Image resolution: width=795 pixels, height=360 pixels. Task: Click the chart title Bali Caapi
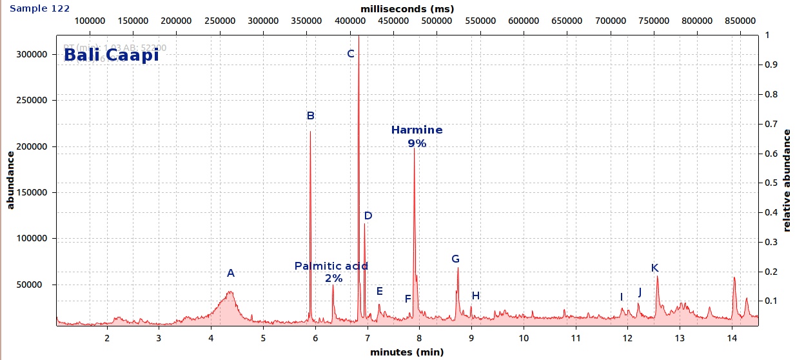click(111, 55)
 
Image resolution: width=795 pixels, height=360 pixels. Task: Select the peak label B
click(310, 116)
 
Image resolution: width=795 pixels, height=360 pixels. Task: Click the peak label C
click(351, 54)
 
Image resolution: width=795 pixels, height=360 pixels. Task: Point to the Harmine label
click(417, 130)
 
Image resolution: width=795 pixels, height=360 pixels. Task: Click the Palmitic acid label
click(331, 266)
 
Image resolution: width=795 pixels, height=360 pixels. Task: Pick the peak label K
click(654, 268)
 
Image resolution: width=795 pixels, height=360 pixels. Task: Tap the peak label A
click(231, 274)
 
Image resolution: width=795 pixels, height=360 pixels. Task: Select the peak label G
click(455, 259)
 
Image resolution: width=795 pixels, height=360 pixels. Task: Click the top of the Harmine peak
click(414, 150)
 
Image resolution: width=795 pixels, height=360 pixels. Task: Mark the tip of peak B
click(310, 132)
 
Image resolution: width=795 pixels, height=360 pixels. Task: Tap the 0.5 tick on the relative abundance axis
click(771, 183)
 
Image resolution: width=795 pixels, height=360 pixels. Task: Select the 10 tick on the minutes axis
click(523, 338)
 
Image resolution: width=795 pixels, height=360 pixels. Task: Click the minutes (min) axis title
click(407, 352)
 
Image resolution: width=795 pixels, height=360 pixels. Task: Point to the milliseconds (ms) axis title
click(407, 8)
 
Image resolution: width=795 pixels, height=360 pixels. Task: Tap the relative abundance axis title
click(787, 181)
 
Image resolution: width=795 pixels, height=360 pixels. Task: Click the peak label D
click(368, 216)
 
